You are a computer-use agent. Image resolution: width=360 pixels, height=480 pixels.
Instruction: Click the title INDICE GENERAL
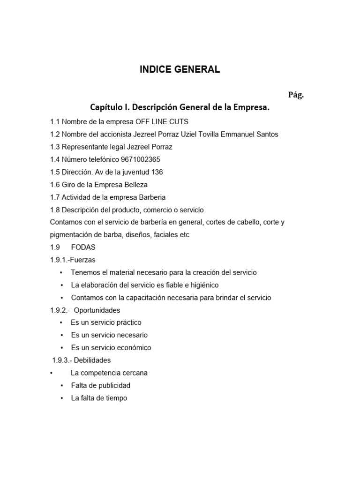(x=180, y=70)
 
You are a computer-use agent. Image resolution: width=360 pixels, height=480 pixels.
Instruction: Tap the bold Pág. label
(x=296, y=95)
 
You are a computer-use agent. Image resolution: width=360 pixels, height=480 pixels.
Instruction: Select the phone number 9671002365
(x=141, y=159)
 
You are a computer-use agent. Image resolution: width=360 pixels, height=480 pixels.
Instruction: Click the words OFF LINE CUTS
(x=162, y=121)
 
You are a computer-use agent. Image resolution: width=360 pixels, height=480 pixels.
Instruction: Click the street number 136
(x=157, y=172)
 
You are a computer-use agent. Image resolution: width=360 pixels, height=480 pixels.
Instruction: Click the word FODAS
(x=83, y=247)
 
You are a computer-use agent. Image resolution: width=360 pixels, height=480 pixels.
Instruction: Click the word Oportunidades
(x=97, y=310)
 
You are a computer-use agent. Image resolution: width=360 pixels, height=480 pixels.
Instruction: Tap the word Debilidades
(x=92, y=360)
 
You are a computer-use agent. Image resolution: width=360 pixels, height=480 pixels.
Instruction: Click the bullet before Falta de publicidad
(x=61, y=386)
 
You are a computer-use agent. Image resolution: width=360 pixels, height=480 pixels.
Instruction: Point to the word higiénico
(x=202, y=285)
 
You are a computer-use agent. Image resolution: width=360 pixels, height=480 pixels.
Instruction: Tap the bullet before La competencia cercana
(x=51, y=373)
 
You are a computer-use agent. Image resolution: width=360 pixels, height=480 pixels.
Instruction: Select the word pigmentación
(x=71, y=235)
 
